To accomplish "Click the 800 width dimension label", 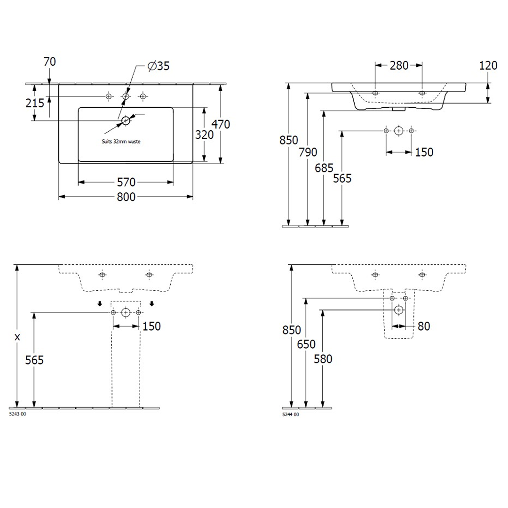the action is point(126,197).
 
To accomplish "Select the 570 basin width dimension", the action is point(126,182).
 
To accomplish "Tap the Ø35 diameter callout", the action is point(159,66).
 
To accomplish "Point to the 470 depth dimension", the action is point(221,124).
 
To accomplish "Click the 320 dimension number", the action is point(204,135).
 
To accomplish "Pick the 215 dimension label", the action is point(35,103).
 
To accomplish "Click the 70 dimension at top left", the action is point(49,62).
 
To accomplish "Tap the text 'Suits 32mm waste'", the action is point(121,142).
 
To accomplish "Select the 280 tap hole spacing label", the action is point(399,65).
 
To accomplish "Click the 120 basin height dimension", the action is point(488,65).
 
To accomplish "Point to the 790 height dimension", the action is point(308,152).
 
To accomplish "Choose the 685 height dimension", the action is point(324,168).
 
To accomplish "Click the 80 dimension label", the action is point(424,326).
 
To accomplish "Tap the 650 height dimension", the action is point(306,344).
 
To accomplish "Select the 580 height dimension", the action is point(323,359).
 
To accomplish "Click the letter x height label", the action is point(17,337).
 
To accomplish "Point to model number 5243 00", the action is point(17,414).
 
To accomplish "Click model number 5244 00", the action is point(291,414).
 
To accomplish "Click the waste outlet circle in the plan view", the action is point(126,121).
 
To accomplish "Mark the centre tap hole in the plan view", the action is point(126,96).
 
